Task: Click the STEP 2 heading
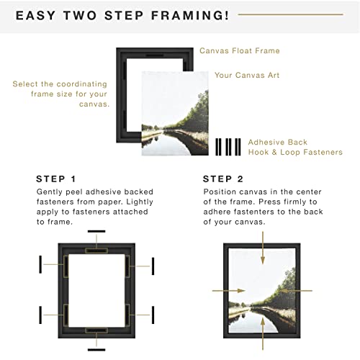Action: (222, 179)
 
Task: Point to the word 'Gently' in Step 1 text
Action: (50, 193)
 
